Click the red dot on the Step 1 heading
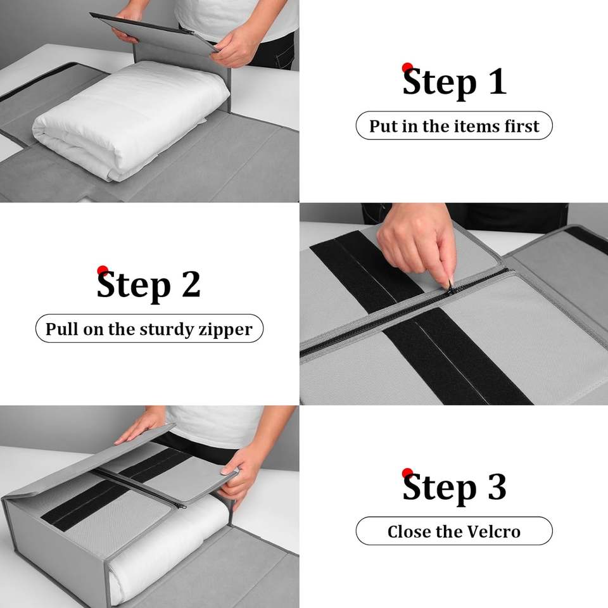point(407,68)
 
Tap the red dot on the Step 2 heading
point(103,270)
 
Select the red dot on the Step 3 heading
point(407,473)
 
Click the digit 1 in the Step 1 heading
point(498,81)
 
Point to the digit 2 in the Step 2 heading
point(191,284)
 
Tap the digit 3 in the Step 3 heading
point(497,487)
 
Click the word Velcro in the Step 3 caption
point(493,531)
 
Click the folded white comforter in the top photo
point(130,120)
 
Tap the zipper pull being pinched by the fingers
point(451,284)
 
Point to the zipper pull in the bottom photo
point(180,505)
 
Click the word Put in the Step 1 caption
point(383,127)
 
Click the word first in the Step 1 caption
point(522,126)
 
